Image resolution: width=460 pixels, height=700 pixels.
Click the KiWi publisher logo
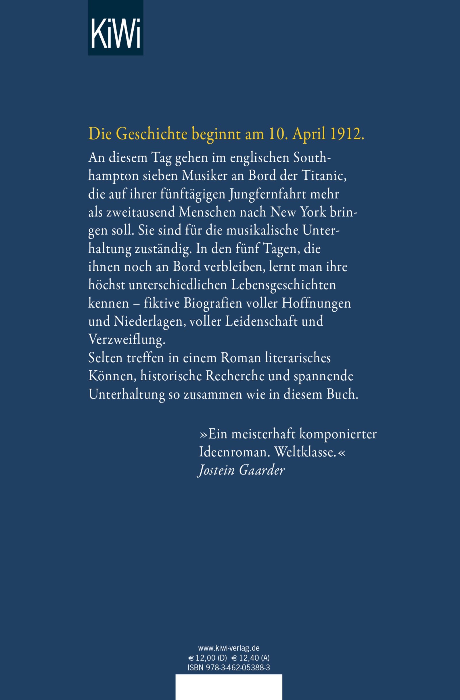[x=116, y=28]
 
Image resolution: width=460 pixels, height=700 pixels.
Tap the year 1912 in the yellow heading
[x=347, y=134]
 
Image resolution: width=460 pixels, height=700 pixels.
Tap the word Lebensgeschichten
[x=283, y=285]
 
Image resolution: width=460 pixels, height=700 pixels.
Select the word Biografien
[x=213, y=303]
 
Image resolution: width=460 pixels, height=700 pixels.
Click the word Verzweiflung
[x=127, y=339]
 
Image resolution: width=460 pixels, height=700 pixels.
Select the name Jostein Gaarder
[x=241, y=470]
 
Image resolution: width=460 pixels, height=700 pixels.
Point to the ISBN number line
[x=229, y=668]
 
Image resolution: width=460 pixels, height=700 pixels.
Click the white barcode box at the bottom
[x=229, y=687]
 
